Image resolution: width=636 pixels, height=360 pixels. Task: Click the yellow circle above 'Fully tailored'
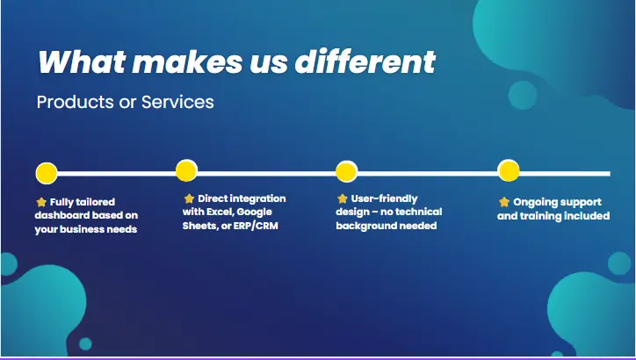[x=47, y=172]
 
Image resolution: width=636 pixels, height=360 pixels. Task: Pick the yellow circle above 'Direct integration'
[x=186, y=170]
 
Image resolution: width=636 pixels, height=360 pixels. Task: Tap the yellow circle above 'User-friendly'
[x=347, y=171]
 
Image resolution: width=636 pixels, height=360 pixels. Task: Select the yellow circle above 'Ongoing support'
[x=509, y=170]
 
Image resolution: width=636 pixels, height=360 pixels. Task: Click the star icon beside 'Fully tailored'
[x=41, y=202]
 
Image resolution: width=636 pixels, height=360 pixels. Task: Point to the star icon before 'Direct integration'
[x=189, y=198]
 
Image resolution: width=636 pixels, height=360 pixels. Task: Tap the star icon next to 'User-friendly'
[x=343, y=198]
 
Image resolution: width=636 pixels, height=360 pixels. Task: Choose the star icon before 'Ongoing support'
[x=504, y=202]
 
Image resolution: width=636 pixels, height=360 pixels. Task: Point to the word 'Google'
[x=254, y=212]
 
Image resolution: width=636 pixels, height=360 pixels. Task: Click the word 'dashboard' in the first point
[x=64, y=215]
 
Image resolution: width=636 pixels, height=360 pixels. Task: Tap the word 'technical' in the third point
[x=416, y=212]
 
